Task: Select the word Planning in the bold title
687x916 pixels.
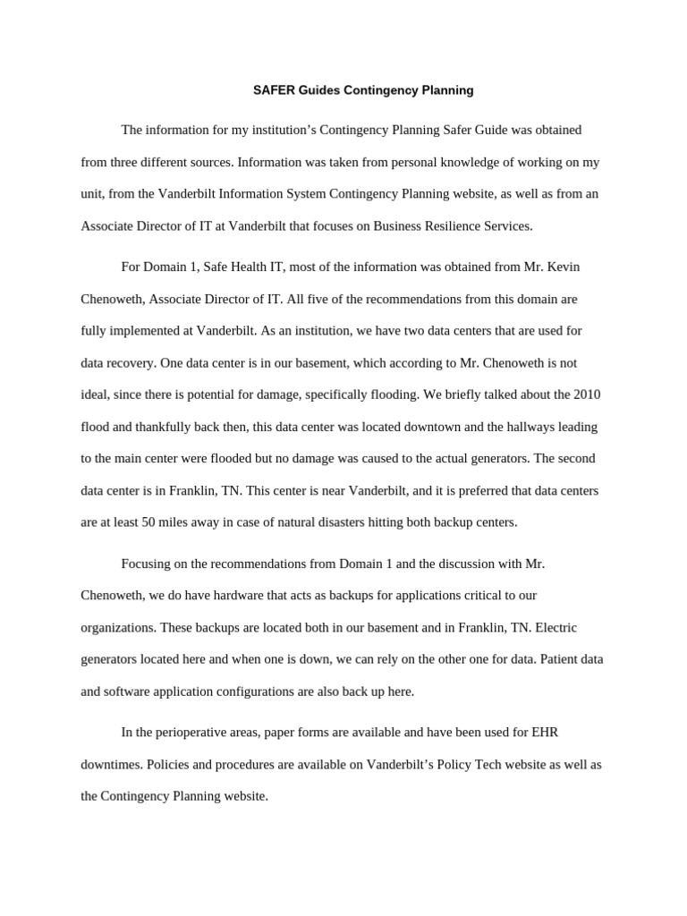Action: click(445, 90)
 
